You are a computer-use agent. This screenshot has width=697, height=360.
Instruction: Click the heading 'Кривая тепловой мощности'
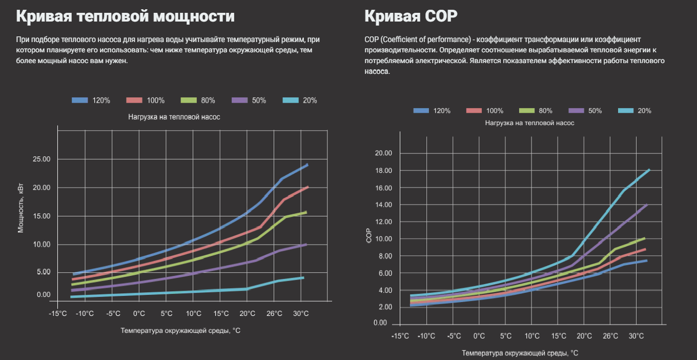click(x=125, y=16)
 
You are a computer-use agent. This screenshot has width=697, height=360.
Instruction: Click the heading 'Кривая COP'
click(x=411, y=16)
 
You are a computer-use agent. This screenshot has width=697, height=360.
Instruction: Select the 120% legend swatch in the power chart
click(x=80, y=101)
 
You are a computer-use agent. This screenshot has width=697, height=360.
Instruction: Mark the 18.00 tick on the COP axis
click(x=383, y=171)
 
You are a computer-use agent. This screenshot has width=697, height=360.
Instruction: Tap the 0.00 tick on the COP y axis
click(x=381, y=323)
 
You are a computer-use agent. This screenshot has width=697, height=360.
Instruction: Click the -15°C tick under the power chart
click(x=58, y=314)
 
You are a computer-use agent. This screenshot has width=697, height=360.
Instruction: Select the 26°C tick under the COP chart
click(x=610, y=336)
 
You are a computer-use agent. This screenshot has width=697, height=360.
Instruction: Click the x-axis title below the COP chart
click(x=520, y=353)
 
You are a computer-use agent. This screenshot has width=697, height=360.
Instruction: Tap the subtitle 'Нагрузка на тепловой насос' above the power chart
click(x=174, y=117)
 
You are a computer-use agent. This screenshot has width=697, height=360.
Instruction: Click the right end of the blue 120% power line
click(x=307, y=165)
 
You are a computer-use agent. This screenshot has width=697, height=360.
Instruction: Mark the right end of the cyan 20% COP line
click(x=649, y=170)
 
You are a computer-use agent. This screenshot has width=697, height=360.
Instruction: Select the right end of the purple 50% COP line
click(x=647, y=205)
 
